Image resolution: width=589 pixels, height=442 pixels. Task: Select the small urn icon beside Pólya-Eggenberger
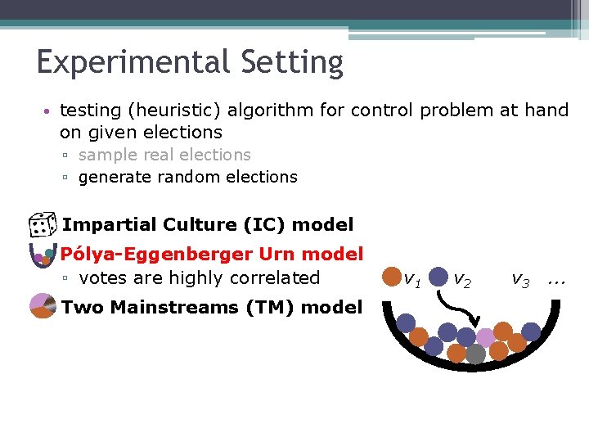click(x=41, y=255)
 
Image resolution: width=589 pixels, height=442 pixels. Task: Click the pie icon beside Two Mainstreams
click(x=42, y=307)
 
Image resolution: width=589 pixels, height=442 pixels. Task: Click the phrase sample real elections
click(x=164, y=155)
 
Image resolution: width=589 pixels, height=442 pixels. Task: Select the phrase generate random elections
click(x=187, y=177)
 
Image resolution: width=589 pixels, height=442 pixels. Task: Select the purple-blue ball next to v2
click(x=439, y=277)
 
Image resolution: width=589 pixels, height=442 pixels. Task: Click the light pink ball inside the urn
click(x=486, y=337)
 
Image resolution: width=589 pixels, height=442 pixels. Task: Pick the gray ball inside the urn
click(x=475, y=354)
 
